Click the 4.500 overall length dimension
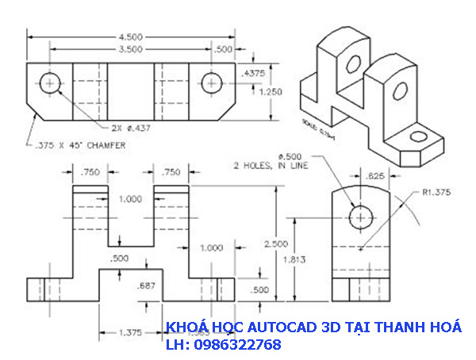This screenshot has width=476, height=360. [132, 36]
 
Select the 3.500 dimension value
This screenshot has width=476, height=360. [132, 49]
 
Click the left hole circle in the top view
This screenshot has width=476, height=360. [52, 82]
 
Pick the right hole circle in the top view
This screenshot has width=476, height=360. [211, 82]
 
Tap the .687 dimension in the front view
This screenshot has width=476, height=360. [145, 285]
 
